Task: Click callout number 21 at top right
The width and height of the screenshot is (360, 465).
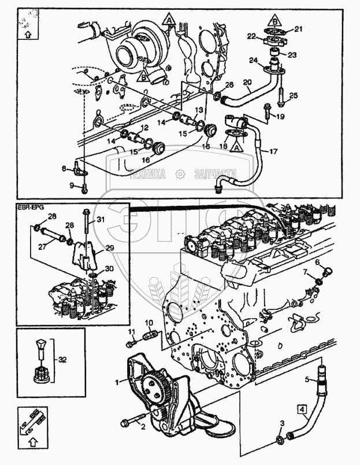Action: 298,29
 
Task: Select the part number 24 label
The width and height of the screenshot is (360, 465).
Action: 253,60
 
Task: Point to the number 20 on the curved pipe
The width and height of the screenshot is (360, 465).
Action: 247,83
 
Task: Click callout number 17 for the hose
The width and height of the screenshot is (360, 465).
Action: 273,152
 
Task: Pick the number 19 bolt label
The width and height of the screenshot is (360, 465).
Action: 280,116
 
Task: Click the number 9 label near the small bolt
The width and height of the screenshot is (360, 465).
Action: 72,185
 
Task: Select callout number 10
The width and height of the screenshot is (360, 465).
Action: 148,322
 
